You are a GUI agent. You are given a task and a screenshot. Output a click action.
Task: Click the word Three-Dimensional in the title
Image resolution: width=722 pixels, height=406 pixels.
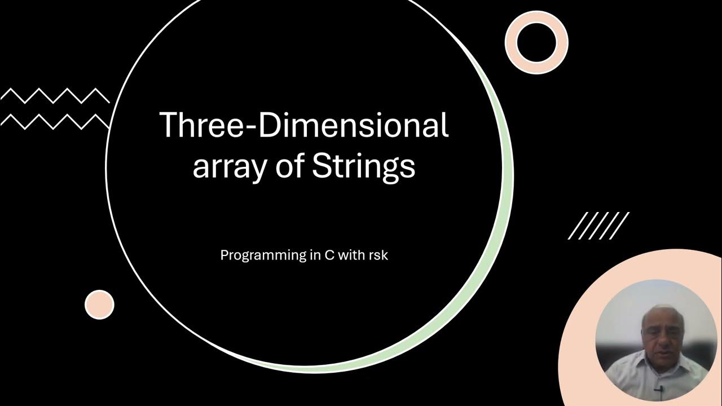[x=303, y=125]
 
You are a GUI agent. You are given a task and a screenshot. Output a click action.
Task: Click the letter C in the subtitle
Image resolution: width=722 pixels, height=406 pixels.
[x=327, y=255]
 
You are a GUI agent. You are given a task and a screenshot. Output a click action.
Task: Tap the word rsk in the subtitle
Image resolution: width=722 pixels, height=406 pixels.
[x=378, y=255]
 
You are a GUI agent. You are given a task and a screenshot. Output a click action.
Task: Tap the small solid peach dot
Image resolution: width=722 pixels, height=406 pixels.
[x=99, y=304]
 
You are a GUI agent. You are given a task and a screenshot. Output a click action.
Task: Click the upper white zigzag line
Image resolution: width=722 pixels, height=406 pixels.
[x=55, y=96]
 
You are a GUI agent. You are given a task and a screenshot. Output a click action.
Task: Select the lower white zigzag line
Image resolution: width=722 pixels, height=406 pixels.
[x=55, y=121]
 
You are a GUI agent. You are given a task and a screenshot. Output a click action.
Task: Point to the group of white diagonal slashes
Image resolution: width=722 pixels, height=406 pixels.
[x=598, y=226]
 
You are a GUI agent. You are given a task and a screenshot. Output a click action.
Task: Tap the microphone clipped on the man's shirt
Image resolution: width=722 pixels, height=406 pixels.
[x=658, y=389]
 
